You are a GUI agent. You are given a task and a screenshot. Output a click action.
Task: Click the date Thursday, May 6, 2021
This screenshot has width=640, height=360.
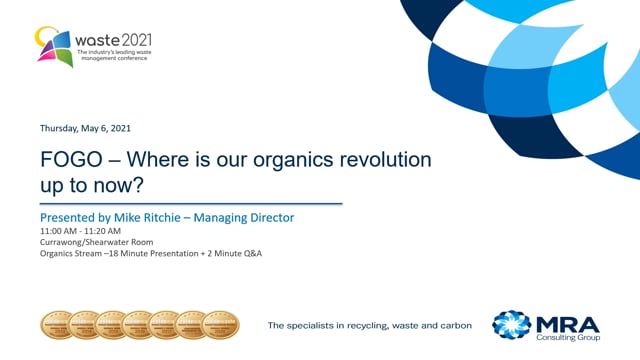tap(85, 129)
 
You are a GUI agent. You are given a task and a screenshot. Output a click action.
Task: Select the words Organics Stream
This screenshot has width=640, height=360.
tap(72, 253)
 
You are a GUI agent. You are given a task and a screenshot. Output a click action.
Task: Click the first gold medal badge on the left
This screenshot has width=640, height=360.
tap(55, 324)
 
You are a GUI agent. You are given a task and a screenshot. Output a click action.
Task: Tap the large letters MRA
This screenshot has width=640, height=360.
tap(568, 320)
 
